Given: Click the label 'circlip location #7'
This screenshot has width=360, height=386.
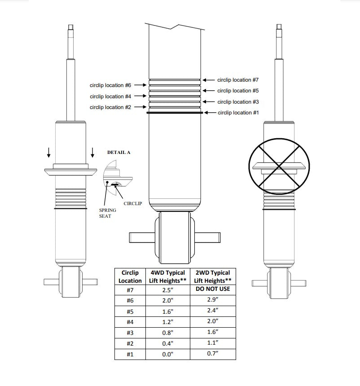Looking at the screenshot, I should (238, 80).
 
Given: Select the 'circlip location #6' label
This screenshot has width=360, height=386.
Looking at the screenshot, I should (110, 85).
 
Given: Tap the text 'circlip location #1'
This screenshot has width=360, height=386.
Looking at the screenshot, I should (238, 113).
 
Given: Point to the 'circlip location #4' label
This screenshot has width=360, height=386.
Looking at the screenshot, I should (110, 96).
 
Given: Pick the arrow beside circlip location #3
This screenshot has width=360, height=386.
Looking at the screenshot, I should (209, 102).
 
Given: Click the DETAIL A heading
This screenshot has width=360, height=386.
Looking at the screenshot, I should (119, 153).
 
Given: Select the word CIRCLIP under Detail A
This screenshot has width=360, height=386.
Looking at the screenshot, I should (132, 204).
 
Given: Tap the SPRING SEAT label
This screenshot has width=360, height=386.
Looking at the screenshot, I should (107, 213).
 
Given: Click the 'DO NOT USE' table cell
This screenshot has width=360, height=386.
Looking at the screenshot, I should (213, 289).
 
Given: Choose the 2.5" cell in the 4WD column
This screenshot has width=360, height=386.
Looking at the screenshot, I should (167, 289).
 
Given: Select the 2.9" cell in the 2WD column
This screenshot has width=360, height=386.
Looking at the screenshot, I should (213, 300).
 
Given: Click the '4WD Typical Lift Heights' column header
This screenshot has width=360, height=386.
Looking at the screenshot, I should (167, 276).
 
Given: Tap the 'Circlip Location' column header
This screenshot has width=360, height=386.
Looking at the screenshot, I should (130, 276).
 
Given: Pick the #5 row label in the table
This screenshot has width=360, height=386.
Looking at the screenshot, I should (130, 311).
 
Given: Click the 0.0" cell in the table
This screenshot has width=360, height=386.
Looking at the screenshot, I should (167, 354).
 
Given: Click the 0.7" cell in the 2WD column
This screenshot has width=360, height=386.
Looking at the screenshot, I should (213, 354).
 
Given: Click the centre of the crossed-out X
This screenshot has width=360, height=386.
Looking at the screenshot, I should (279, 167).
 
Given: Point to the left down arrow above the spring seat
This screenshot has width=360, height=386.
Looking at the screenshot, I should (48, 154).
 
